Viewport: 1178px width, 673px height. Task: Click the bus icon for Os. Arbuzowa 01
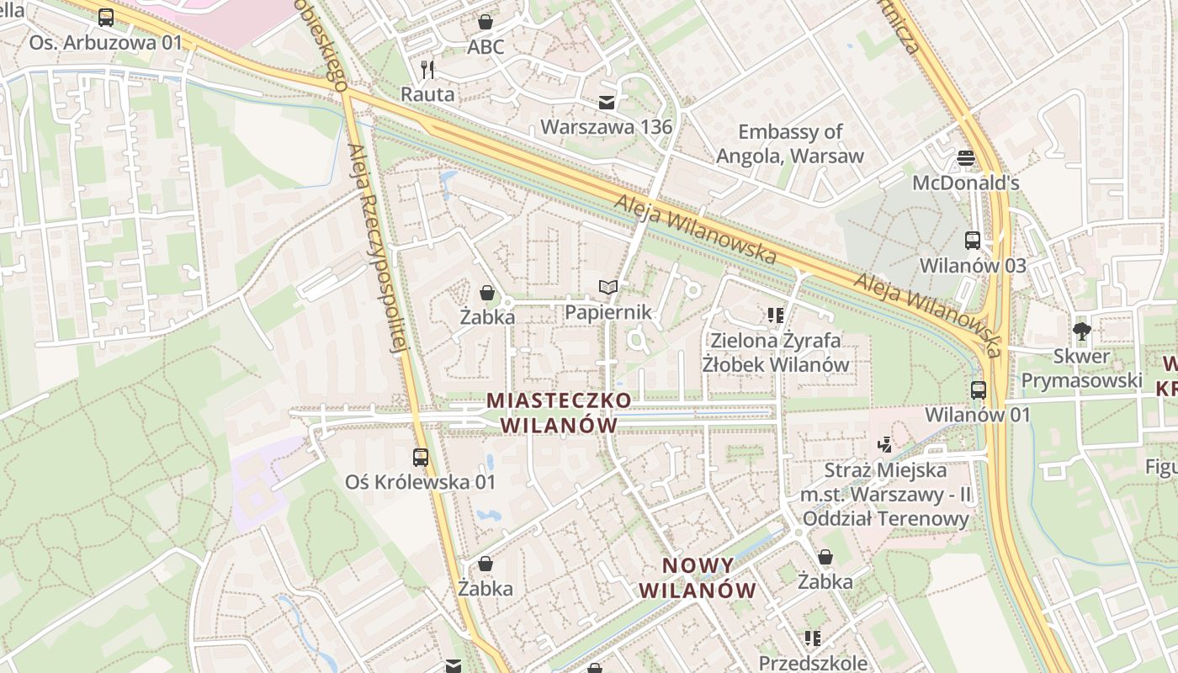click(106, 17)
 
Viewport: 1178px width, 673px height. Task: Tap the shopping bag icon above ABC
click(486, 21)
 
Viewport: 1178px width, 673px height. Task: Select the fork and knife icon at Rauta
click(427, 69)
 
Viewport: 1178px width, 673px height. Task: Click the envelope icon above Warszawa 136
click(606, 103)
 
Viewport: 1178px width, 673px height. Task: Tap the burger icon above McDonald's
click(966, 158)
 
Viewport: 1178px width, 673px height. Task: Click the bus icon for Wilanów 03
click(973, 241)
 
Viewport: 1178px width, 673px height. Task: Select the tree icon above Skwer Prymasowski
click(1082, 331)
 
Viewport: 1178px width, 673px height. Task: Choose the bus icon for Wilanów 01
click(978, 390)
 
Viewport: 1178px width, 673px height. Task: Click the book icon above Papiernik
click(608, 288)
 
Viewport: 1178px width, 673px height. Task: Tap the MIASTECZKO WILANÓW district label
click(559, 412)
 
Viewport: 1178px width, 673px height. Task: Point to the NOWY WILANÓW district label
click(698, 577)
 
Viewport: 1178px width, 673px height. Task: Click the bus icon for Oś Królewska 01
click(421, 458)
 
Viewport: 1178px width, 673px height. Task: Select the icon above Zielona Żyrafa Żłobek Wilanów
click(775, 315)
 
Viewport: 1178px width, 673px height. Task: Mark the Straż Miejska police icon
click(884, 445)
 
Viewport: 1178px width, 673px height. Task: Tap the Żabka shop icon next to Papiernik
click(487, 293)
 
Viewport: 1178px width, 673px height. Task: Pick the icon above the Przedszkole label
click(812, 639)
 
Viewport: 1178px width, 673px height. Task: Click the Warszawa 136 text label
click(606, 127)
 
